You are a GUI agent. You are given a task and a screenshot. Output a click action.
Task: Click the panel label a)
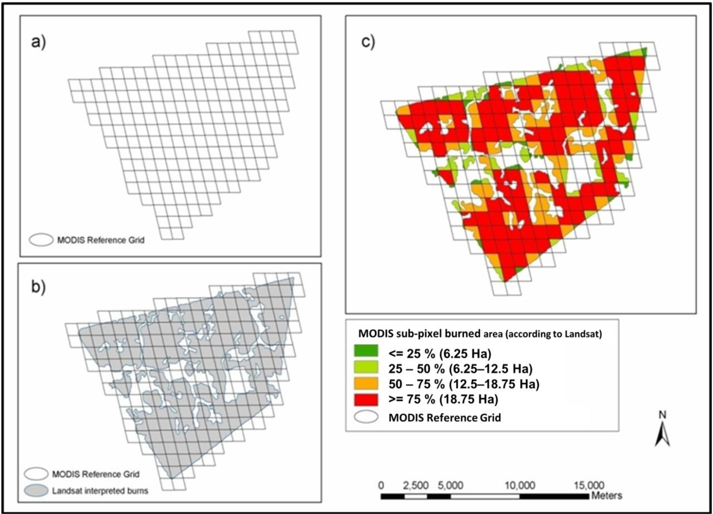coord(38,42)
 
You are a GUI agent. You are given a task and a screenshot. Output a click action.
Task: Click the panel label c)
coord(368,42)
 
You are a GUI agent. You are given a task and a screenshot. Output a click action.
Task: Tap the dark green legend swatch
coord(366,351)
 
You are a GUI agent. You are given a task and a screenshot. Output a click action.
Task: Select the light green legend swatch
coord(366,367)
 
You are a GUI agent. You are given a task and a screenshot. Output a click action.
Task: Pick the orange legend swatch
coord(366,384)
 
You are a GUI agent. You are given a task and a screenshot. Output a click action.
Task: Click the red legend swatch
coord(366,400)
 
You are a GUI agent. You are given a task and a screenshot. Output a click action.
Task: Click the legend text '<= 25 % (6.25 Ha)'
coord(440,354)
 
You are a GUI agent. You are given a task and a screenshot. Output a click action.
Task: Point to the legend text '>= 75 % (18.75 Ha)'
coord(443,399)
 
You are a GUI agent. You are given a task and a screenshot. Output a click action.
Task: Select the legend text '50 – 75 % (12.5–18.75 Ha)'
coord(464,384)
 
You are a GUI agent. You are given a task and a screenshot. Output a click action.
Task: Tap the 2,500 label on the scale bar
coord(416,485)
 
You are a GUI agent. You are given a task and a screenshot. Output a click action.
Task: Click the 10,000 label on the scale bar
coord(520,485)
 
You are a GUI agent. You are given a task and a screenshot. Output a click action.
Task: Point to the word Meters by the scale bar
coord(607,496)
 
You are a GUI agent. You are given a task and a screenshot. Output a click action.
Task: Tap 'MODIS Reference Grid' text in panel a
coord(101,240)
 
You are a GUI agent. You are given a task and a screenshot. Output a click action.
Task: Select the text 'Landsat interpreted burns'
coord(100,491)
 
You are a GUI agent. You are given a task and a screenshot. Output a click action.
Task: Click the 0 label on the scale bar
coord(381,485)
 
